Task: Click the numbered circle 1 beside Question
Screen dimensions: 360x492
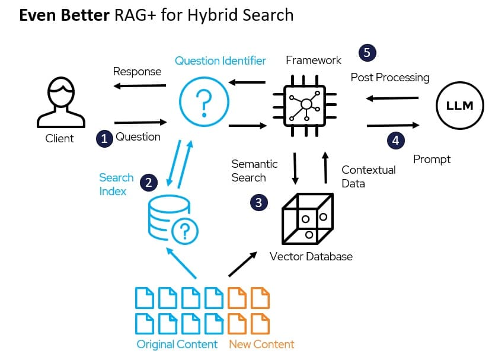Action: pyautogui.click(x=104, y=139)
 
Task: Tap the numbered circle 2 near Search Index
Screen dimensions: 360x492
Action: pyautogui.click(x=148, y=183)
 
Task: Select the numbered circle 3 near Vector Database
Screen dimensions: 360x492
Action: pyautogui.click(x=258, y=203)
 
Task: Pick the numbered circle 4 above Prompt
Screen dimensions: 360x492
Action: pyautogui.click(x=396, y=141)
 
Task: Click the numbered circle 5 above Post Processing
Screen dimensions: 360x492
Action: pyautogui.click(x=367, y=53)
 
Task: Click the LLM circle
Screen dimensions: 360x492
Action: pyautogui.click(x=459, y=106)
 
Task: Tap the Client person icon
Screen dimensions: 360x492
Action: pyautogui.click(x=59, y=104)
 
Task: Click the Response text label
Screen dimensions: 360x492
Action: pyautogui.click(x=137, y=71)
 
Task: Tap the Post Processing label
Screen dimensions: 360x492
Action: pyautogui.click(x=389, y=77)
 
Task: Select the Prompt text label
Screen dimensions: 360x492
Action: pyautogui.click(x=432, y=159)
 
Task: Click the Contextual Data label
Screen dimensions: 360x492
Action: pyautogui.click(x=368, y=176)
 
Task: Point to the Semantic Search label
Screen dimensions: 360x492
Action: pyautogui.click(x=254, y=170)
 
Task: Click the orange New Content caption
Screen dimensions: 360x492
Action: pyautogui.click(x=261, y=344)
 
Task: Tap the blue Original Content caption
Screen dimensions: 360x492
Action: pyautogui.click(x=177, y=344)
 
